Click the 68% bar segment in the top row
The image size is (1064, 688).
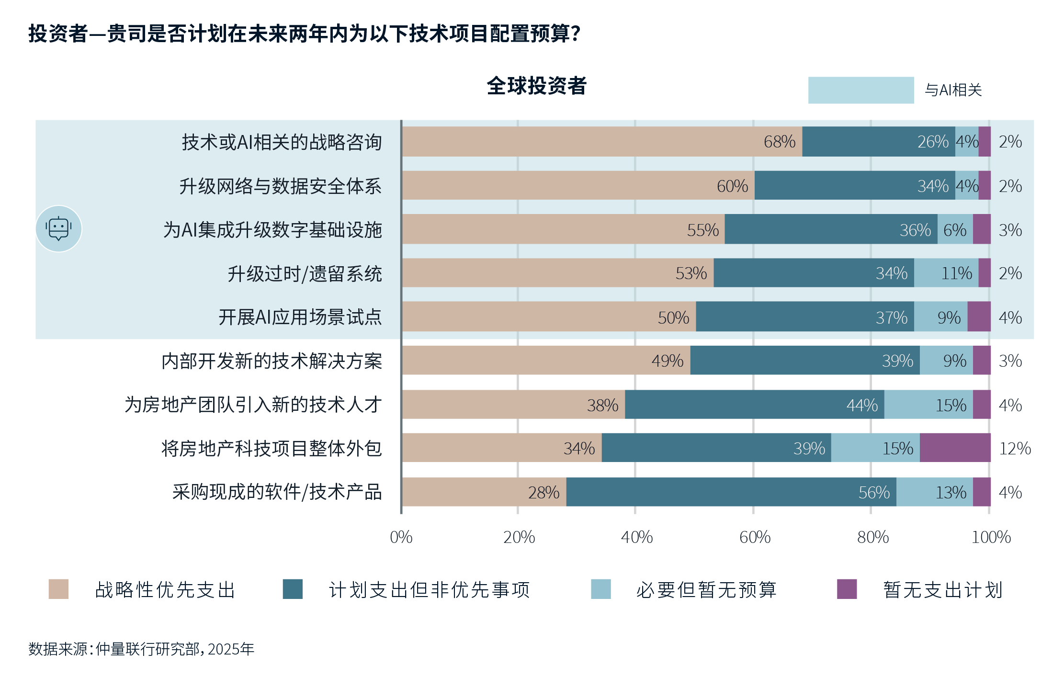602,142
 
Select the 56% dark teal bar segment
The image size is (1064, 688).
731,492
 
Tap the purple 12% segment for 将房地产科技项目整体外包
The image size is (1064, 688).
955,448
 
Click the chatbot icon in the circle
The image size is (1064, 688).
58,229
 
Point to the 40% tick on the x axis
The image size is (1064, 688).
636,537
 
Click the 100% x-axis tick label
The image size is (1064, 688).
991,537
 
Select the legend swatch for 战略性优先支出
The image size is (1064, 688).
58,589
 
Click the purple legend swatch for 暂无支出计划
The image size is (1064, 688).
847,589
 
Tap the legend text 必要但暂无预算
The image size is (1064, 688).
706,590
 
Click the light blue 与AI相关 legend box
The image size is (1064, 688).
860,90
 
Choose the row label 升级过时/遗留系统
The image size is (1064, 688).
305,274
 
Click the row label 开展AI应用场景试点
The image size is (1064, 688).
300,317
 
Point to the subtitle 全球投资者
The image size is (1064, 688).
536,86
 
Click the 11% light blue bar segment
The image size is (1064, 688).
946,273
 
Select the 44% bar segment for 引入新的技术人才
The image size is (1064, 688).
754,405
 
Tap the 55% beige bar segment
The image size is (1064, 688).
563,229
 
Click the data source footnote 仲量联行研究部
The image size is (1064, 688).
141,649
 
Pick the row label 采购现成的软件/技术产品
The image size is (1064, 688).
277,492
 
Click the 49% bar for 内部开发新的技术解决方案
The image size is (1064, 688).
546,361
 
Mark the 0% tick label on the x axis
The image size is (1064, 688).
401,537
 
